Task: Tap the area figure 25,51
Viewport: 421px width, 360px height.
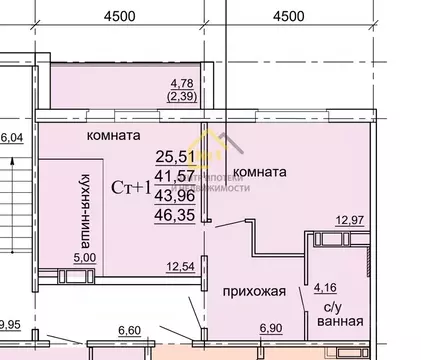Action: point(174,155)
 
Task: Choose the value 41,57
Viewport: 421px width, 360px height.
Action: point(174,174)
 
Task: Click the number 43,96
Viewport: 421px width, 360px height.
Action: point(174,192)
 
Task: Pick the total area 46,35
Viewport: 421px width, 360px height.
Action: point(174,211)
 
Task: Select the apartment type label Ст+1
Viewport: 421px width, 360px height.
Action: point(131,185)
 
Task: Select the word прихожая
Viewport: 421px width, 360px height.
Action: point(255,293)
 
